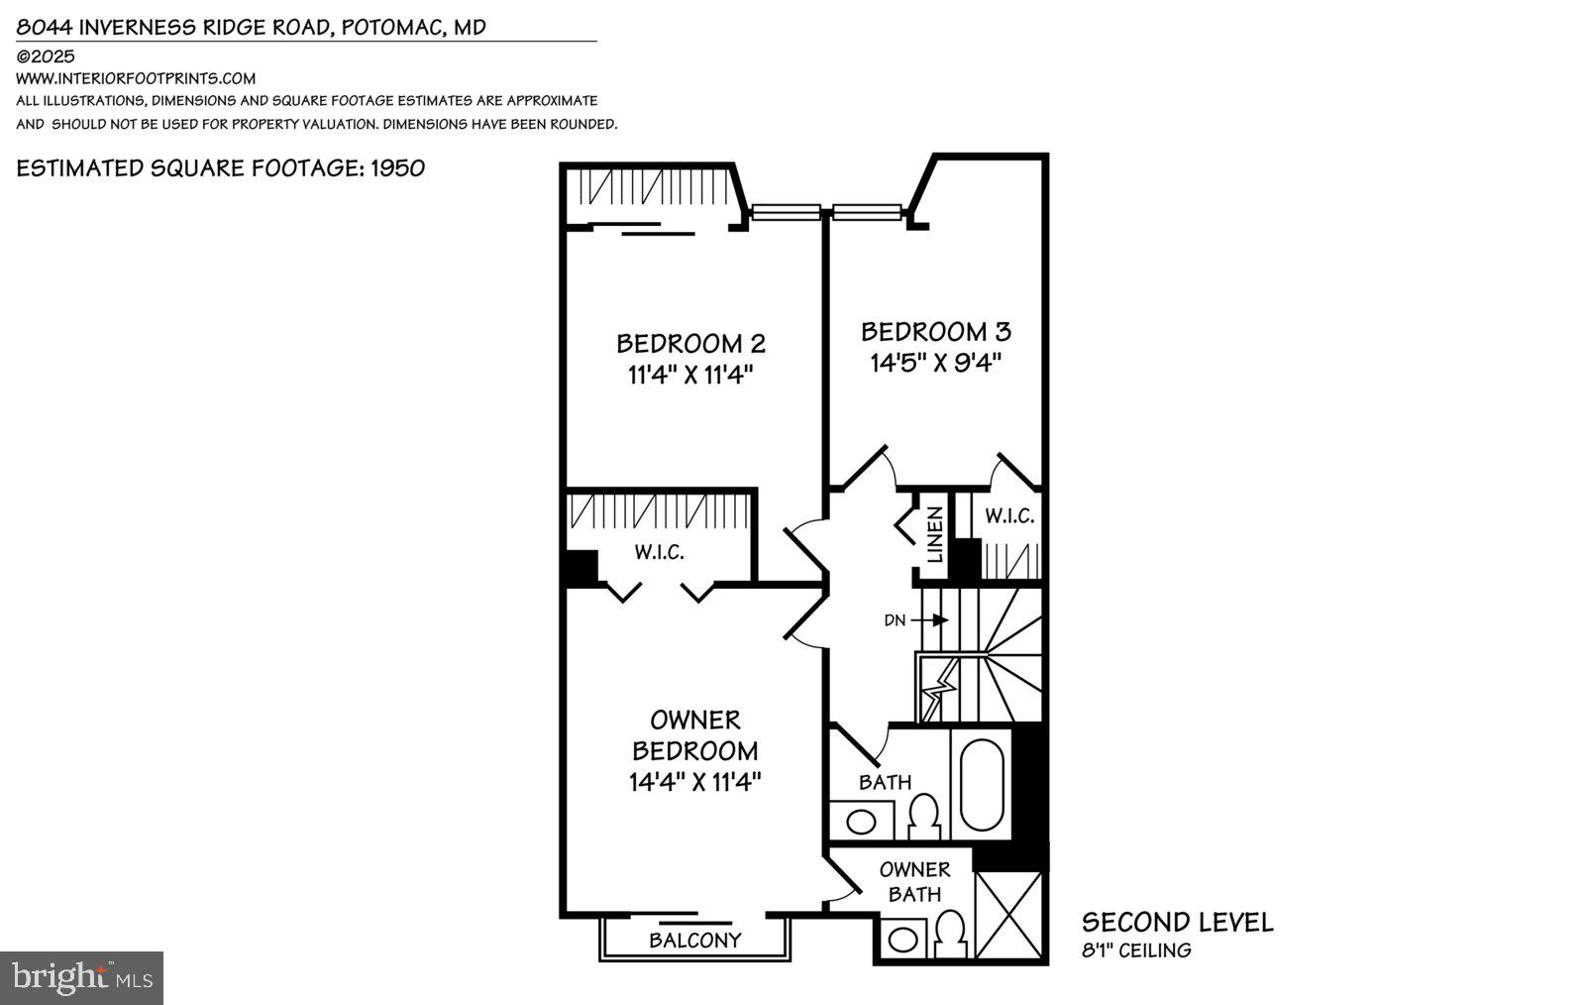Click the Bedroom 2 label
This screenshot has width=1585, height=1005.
[690, 343]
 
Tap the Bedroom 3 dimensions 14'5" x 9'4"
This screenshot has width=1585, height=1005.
[936, 363]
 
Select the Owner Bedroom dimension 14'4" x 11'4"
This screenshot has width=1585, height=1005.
[694, 782]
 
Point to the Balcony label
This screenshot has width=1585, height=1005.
[694, 940]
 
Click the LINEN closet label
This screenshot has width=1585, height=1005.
[934, 535]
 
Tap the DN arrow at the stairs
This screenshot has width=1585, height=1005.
[931, 620]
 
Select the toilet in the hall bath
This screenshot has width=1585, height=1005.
[923, 816]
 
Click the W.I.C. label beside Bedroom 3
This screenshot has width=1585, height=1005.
[1009, 516]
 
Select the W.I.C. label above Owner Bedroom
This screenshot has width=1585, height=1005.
[659, 553]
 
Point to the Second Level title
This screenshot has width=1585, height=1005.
[1177, 923]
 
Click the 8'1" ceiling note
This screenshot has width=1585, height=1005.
[1135, 951]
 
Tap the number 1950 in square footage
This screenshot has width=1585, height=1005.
[397, 167]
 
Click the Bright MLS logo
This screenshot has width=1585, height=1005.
[81, 978]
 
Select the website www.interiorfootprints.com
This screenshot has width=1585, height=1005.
[136, 78]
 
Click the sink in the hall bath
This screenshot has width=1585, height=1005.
[861, 822]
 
